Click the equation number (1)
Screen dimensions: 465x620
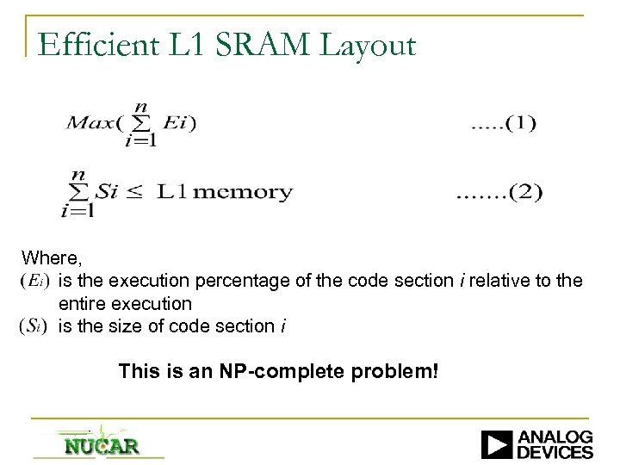tap(505, 124)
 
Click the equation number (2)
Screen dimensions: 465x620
tap(499, 192)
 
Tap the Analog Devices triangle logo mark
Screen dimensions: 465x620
tap(497, 444)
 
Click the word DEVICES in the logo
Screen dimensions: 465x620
tap(556, 452)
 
